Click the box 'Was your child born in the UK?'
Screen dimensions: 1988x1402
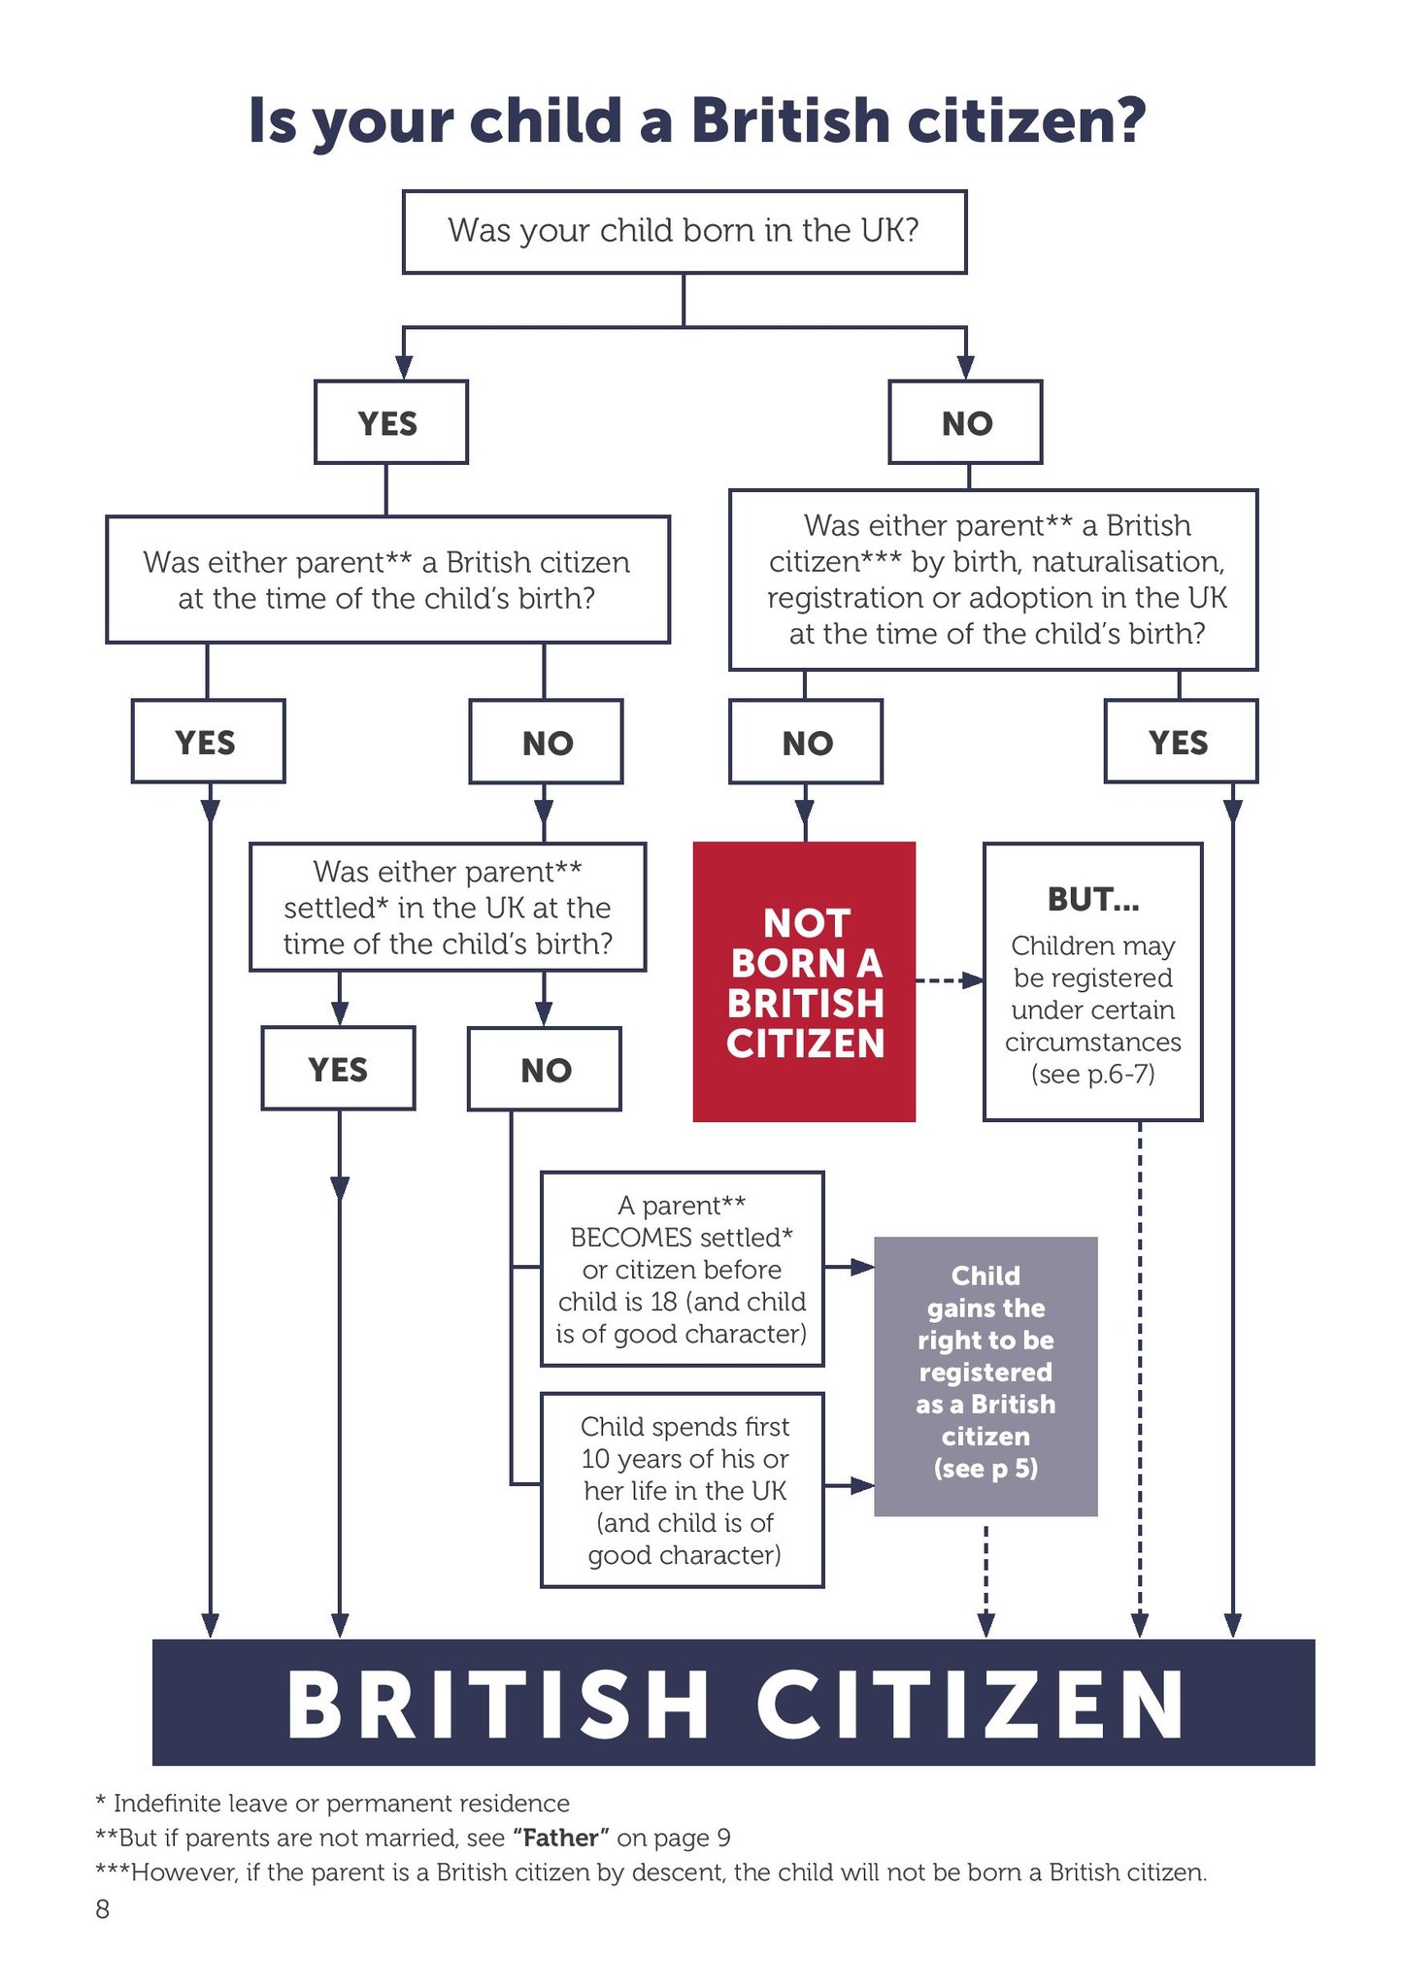pos(684,231)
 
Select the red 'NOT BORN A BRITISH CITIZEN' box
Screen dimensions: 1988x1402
pos(804,981)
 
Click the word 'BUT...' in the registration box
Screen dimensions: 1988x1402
pos(1092,900)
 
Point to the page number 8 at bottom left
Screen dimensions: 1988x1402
pos(102,1909)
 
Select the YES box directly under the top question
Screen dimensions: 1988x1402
pos(389,422)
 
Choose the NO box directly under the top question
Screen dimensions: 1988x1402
pos(966,422)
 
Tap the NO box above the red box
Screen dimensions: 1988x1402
pos(806,742)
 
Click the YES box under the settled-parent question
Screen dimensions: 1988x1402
pos(338,1069)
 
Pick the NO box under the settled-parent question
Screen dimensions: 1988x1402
pos(545,1069)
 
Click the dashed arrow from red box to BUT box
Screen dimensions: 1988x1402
pos(949,980)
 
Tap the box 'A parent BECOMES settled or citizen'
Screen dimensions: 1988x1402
pos(682,1269)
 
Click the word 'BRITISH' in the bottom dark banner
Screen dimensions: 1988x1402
pos(497,1705)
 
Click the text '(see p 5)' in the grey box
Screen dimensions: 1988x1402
pos(985,1469)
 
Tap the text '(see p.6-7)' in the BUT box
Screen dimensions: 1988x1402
pos(1092,1075)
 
